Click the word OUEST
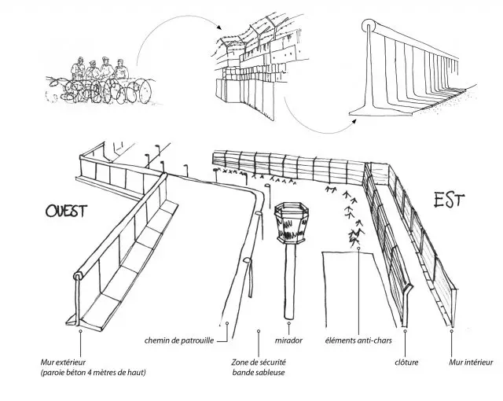pyautogui.click(x=65, y=212)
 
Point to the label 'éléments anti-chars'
pyautogui.click(x=358, y=341)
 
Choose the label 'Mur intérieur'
pyautogui.click(x=468, y=362)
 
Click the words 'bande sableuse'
pyautogui.click(x=259, y=372)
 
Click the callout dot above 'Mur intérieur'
pyautogui.click(x=452, y=331)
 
